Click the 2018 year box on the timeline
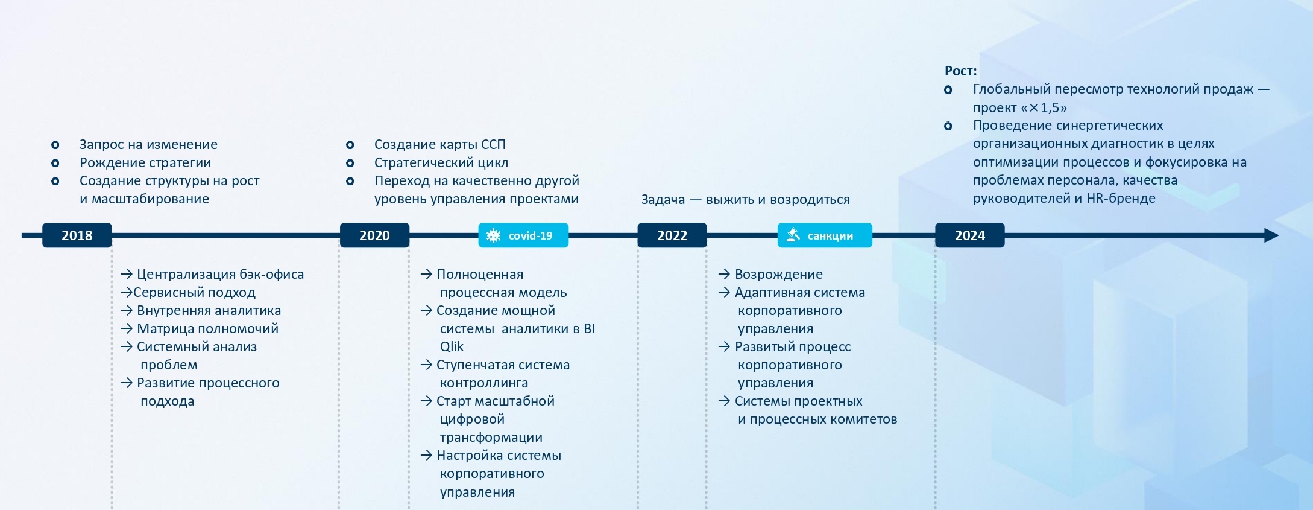[x=77, y=235]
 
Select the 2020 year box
[x=374, y=235]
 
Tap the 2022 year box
[x=672, y=235]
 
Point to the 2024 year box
[x=970, y=235]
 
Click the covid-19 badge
[x=523, y=235]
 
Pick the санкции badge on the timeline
[x=825, y=235]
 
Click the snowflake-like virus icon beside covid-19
[x=494, y=236]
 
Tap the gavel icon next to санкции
[x=793, y=235]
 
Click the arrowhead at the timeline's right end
[x=1271, y=235]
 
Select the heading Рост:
[x=961, y=71]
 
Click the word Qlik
[x=452, y=347]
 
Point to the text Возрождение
[x=779, y=275]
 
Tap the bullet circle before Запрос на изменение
[x=55, y=145]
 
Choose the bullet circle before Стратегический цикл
[x=350, y=163]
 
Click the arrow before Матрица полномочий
[x=127, y=328]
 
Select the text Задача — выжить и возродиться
[x=746, y=200]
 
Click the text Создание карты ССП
[x=440, y=145]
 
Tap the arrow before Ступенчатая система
[x=426, y=365]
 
